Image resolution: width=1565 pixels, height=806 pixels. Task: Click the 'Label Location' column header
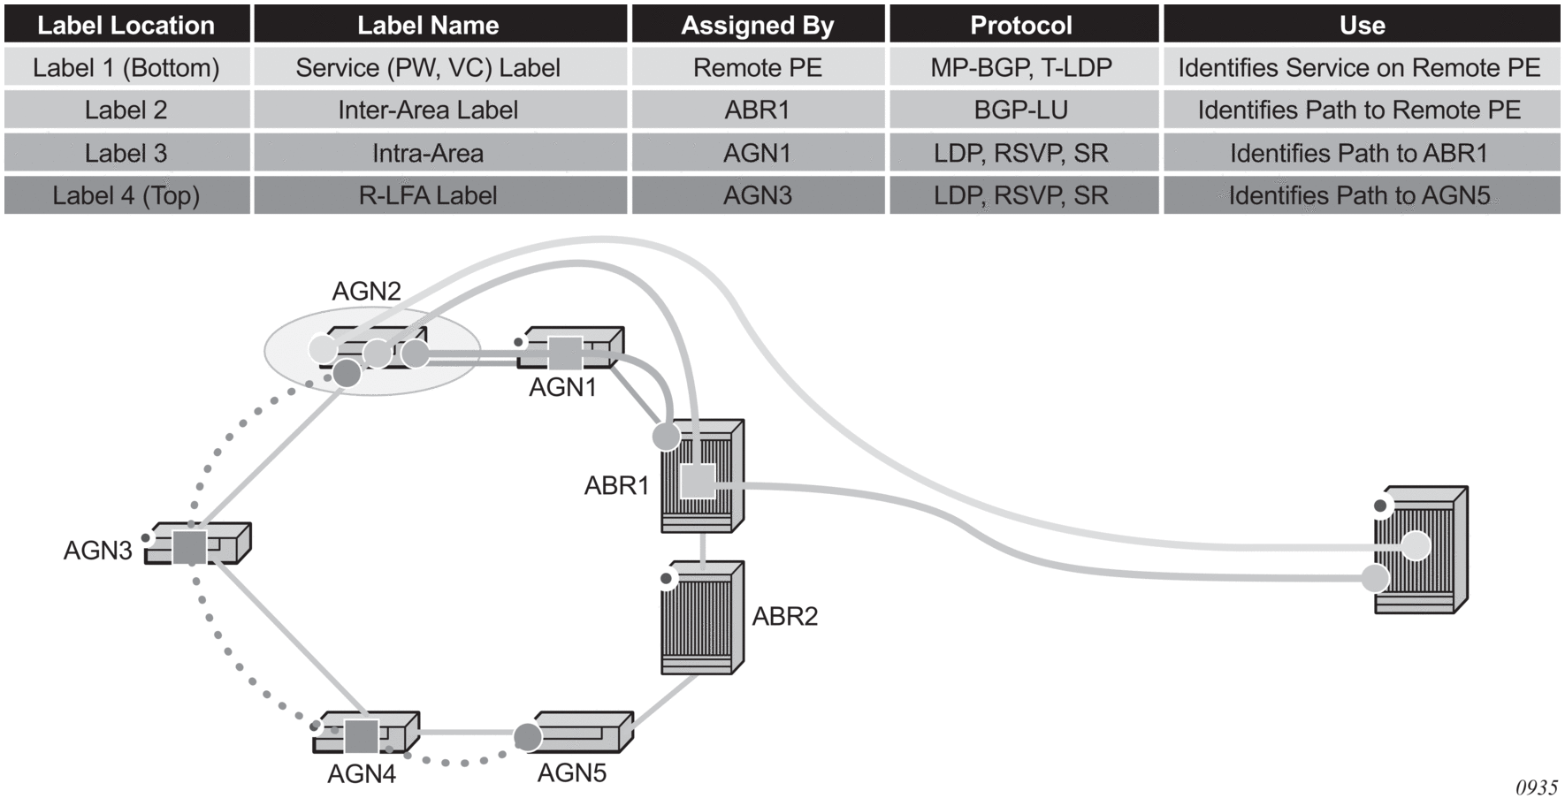tap(126, 25)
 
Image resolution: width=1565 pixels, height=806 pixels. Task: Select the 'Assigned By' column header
tap(758, 25)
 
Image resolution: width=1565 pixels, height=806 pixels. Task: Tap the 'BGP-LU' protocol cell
tap(1021, 110)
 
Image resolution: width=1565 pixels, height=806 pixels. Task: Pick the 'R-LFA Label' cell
tap(428, 195)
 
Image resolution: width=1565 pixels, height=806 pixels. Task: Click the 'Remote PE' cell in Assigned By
tap(758, 68)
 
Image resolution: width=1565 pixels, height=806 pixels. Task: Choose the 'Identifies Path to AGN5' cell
tap(1360, 195)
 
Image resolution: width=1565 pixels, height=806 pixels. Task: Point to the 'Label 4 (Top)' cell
tap(126, 195)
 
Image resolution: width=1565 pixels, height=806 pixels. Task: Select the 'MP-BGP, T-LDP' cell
tap(1021, 68)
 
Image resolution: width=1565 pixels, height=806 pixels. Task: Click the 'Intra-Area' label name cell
tap(428, 154)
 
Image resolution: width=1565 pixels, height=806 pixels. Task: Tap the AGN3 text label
tap(97, 551)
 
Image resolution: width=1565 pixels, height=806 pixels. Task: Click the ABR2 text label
tap(785, 616)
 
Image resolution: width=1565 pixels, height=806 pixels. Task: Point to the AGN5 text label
tap(572, 773)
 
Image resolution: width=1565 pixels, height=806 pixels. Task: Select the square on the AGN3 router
tap(189, 547)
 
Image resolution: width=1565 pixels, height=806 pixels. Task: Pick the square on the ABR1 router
tap(698, 482)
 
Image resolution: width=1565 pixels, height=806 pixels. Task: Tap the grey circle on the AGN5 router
tap(528, 736)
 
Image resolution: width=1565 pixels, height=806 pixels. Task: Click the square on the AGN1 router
tap(566, 353)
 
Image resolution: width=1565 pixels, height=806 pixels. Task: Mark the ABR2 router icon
tap(702, 618)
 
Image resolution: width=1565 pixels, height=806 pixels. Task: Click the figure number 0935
tap(1537, 787)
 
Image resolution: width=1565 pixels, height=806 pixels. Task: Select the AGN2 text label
tap(366, 291)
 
